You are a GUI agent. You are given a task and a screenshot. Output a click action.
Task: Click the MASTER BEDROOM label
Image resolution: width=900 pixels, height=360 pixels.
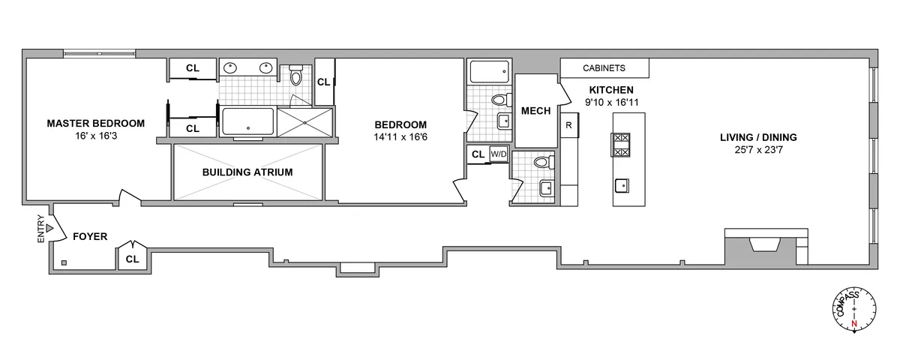(x=95, y=123)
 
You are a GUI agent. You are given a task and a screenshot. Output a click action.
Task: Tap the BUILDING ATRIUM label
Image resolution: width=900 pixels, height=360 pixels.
(x=247, y=172)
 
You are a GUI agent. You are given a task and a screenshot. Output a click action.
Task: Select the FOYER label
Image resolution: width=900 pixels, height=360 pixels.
(x=89, y=237)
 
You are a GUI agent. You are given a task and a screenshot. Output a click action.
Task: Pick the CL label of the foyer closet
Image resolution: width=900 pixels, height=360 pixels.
(x=133, y=259)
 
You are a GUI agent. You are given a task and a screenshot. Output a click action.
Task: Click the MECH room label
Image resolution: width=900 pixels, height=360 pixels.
(x=535, y=111)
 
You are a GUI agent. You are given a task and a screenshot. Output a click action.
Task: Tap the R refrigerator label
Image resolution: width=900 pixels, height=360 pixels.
(x=570, y=125)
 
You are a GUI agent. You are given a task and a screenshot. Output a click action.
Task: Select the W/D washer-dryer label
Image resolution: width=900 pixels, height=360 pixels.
(x=499, y=154)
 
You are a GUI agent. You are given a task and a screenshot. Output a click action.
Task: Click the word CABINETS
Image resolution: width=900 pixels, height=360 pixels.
(x=604, y=68)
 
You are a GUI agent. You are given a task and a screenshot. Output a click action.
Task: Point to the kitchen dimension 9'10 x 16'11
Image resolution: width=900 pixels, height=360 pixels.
(x=611, y=102)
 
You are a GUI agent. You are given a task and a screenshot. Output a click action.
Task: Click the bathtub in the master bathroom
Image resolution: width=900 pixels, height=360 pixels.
(x=247, y=122)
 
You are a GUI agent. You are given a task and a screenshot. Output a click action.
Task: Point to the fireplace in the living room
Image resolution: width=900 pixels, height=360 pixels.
(x=765, y=245)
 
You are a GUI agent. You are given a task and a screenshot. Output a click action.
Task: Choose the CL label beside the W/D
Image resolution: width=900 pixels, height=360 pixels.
(x=477, y=154)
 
